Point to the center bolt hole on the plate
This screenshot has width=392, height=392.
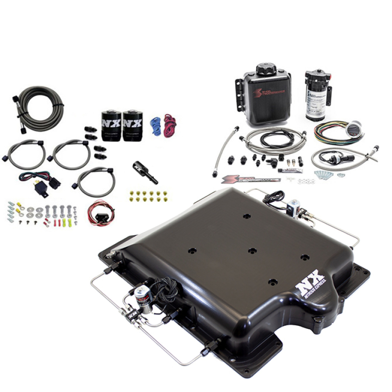pyautogui.click(x=252, y=250)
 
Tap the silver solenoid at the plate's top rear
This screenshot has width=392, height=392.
pyautogui.click(x=294, y=206)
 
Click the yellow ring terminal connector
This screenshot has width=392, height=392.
pyautogui.click(x=20, y=211)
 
